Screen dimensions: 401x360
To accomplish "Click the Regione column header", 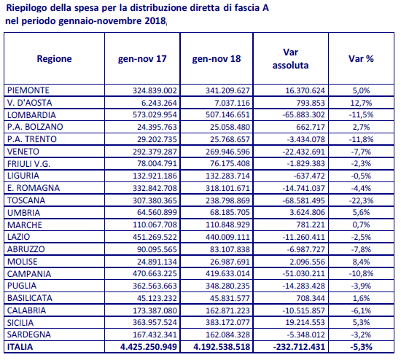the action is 54,58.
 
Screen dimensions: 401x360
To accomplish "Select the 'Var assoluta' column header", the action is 290,58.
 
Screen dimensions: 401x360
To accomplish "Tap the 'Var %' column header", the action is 361,58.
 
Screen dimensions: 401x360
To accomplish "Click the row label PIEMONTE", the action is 28,90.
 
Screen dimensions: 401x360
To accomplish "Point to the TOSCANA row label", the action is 26,200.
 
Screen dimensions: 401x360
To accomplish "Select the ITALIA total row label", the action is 20,347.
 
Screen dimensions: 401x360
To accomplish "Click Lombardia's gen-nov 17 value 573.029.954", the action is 155,114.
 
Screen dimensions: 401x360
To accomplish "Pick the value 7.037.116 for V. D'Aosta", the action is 230,103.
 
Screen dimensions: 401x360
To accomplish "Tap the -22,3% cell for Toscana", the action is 361,200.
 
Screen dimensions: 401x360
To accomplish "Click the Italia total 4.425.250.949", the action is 149,347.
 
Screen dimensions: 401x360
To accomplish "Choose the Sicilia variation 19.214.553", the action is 305,322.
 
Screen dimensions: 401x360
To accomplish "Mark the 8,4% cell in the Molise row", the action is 361,262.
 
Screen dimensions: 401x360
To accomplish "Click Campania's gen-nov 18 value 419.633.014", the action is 227,273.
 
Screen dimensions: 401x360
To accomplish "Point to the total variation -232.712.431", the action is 299,347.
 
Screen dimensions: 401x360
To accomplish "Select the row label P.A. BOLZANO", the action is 35,127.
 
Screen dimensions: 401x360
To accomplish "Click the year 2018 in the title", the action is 155,20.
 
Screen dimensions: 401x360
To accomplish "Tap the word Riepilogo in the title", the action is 26,8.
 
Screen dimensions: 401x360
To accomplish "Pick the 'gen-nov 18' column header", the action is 217,59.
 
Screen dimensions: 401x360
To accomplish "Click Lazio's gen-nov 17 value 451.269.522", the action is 155,237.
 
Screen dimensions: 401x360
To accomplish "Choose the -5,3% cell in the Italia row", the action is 361,347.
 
